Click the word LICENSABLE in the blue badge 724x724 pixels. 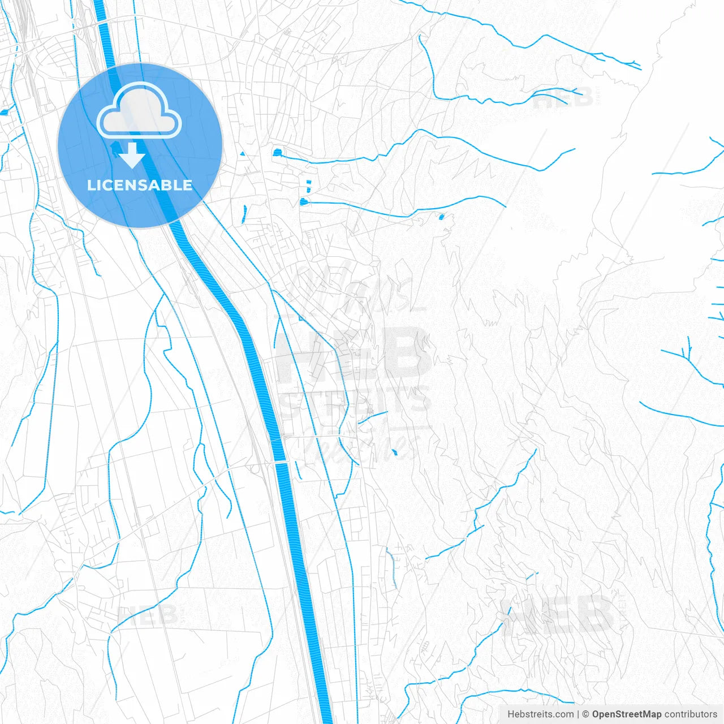click(140, 185)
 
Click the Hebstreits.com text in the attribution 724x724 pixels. click(540, 714)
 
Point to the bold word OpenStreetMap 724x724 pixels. click(626, 714)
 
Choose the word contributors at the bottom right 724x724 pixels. click(690, 714)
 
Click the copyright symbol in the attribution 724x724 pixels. click(586, 714)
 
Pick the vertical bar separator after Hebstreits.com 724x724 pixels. click(578, 714)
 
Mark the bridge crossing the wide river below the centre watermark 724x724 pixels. click(281, 462)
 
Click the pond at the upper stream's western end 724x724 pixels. click(277, 152)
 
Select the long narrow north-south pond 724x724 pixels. click(244, 212)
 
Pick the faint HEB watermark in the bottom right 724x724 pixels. click(557, 614)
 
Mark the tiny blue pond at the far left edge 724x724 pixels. click(5, 111)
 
